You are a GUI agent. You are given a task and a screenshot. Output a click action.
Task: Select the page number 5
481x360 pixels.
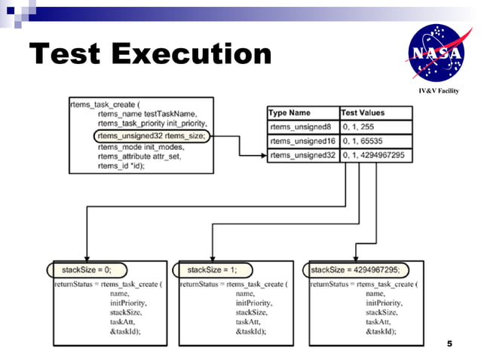(x=449, y=344)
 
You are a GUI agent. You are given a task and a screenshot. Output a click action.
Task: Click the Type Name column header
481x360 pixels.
(x=290, y=112)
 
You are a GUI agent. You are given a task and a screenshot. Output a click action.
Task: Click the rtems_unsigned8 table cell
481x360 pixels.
(x=302, y=127)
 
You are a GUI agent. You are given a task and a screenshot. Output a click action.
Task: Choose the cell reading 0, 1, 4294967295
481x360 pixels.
(x=374, y=155)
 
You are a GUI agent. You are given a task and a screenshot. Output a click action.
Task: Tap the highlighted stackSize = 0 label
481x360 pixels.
(x=86, y=269)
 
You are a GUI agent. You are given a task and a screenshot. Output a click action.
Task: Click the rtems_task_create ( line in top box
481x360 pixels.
(x=106, y=104)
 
